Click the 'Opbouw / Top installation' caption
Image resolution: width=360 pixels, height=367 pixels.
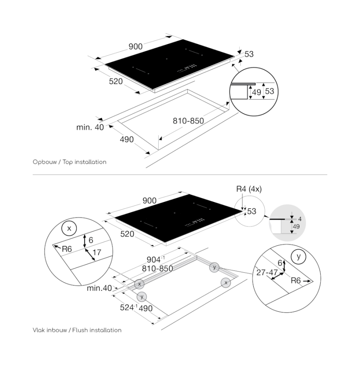(x=70, y=162)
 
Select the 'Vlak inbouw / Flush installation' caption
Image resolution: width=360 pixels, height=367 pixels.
(x=77, y=330)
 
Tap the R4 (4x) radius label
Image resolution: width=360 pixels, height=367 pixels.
(x=249, y=189)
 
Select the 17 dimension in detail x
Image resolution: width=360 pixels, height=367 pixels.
(x=97, y=252)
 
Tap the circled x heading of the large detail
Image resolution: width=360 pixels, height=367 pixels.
(x=69, y=229)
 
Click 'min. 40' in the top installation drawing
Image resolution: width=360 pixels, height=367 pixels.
(x=90, y=127)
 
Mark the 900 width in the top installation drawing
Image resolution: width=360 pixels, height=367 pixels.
(x=135, y=46)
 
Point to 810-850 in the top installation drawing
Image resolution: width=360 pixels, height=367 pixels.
(x=188, y=121)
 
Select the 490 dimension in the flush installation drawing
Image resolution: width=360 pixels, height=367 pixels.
(x=146, y=308)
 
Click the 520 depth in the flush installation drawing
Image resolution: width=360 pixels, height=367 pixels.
(x=128, y=234)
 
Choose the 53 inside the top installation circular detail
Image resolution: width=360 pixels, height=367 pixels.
(x=270, y=91)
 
